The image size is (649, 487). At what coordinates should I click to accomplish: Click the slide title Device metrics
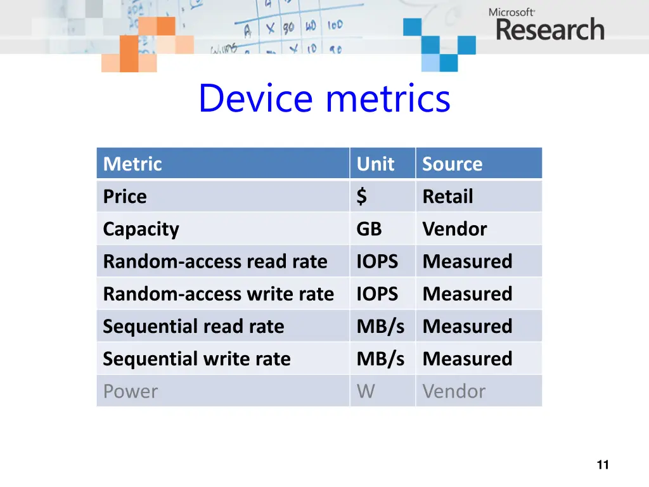point(324,99)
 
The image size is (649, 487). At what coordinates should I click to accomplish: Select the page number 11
point(602,465)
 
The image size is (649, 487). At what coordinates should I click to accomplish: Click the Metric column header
point(132,164)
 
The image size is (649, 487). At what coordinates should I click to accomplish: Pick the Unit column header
point(375,164)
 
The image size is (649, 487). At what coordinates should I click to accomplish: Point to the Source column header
point(452,164)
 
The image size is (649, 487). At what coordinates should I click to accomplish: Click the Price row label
point(125,197)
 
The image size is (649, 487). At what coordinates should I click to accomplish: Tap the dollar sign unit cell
point(361,197)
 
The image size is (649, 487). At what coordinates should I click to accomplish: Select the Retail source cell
point(447,197)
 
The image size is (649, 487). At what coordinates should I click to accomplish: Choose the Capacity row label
point(141,229)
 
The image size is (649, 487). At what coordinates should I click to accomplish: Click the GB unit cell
point(369,229)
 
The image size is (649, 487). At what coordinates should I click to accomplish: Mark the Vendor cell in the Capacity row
point(454,229)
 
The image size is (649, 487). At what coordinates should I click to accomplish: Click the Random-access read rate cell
point(215,261)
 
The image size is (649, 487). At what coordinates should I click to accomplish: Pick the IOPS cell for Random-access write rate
point(377,294)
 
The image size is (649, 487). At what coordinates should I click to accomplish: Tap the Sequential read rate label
point(193,327)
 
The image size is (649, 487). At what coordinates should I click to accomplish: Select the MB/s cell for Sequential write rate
point(380,359)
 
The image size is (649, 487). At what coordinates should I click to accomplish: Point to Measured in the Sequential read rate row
point(467,327)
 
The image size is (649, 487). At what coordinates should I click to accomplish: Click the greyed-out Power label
point(130,391)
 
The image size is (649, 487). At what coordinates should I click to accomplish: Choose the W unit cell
point(366,391)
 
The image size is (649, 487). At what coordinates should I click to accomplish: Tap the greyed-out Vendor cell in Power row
point(454,391)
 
